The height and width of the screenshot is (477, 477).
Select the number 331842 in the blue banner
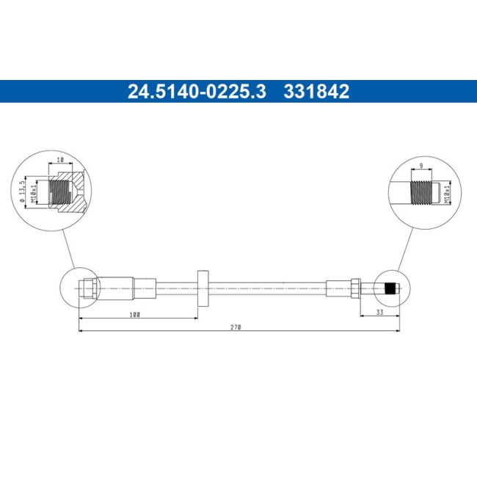pos(317,92)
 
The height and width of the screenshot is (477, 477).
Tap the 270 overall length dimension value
pos(236,327)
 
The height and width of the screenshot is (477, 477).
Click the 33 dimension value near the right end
pos(379,312)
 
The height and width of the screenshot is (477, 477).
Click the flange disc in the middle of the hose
pos(203,289)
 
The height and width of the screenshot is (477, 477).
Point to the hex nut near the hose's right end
pos(354,288)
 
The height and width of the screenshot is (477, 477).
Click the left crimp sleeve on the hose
pos(115,288)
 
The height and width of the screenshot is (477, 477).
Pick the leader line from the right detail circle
pos(404,250)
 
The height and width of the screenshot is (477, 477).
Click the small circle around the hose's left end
pos(79,288)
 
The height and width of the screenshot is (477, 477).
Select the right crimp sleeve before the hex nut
pos(339,288)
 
